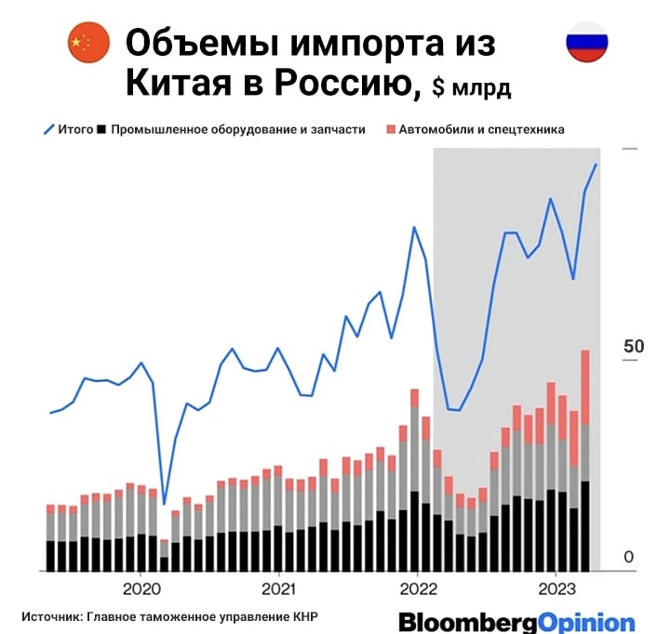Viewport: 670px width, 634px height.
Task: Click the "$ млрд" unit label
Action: click(x=471, y=88)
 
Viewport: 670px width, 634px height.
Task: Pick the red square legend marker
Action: click(x=391, y=129)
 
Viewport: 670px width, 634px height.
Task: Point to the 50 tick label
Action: click(x=634, y=346)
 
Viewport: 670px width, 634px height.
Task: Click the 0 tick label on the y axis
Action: click(x=629, y=557)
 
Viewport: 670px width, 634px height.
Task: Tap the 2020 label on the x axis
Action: click(x=141, y=588)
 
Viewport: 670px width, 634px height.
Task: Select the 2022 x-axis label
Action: click(x=416, y=588)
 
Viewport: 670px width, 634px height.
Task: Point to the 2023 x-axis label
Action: click(x=556, y=588)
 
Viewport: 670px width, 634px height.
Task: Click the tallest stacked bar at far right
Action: click(x=585, y=460)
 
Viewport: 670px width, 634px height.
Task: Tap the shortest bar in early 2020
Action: click(x=165, y=555)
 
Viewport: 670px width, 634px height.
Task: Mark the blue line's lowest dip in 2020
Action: click(x=165, y=504)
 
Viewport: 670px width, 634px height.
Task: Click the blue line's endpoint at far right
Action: click(x=596, y=165)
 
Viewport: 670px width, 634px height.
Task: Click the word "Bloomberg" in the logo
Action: click(x=463, y=622)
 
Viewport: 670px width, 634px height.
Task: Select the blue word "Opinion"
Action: click(x=583, y=622)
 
